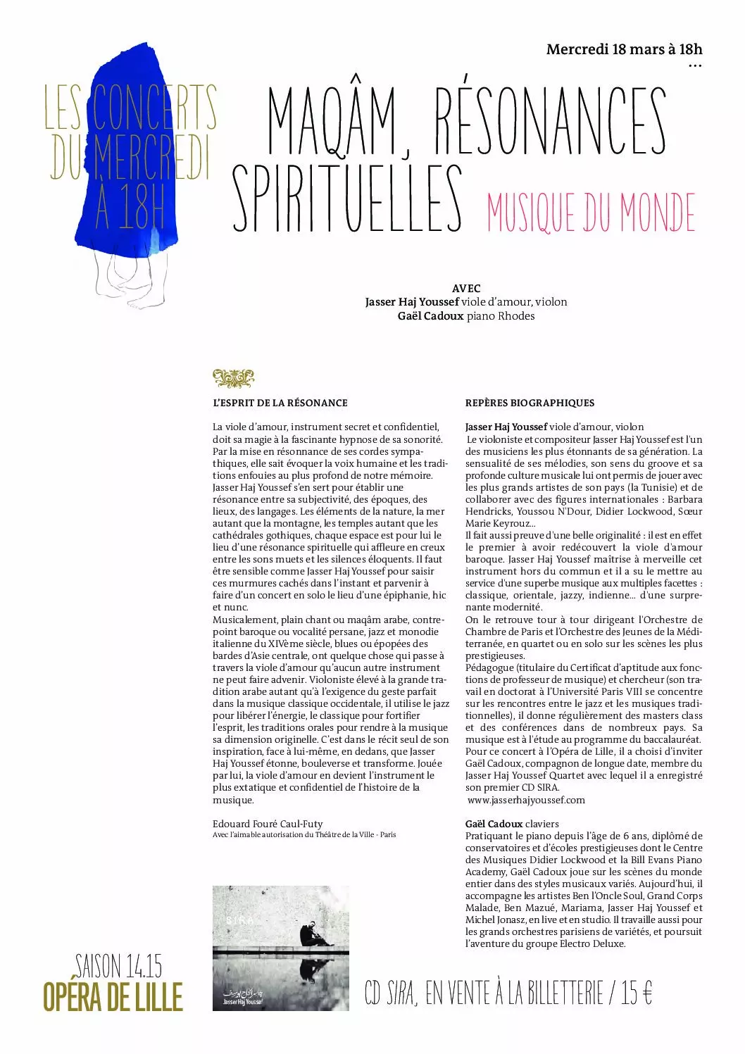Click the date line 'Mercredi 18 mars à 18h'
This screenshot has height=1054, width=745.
(624, 49)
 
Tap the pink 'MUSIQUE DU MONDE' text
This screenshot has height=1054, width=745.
(591, 212)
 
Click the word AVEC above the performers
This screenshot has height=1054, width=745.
(465, 288)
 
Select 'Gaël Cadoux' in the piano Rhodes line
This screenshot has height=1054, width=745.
(430, 316)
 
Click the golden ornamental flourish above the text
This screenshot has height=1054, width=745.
(233, 378)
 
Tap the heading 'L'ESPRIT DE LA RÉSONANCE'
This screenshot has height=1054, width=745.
(280, 403)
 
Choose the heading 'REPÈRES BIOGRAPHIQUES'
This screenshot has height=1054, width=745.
(530, 403)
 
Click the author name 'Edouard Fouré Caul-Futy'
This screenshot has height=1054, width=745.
(268, 823)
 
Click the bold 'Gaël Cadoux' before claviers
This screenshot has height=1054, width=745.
(494, 824)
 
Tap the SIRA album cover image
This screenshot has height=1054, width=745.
(281, 948)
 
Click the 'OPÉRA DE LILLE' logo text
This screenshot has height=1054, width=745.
(113, 997)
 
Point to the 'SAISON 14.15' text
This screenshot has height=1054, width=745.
(118, 966)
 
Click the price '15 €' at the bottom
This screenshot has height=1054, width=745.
(637, 993)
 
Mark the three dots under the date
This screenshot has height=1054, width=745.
(695, 67)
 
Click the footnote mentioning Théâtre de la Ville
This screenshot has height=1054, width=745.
(304, 835)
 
